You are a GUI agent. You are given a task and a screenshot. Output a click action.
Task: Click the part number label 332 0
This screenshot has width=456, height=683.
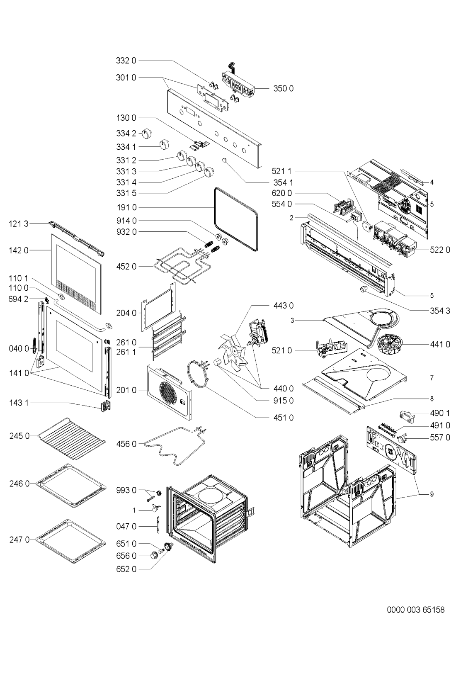click(126, 61)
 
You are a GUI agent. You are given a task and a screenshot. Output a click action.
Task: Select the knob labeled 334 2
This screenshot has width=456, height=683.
click(147, 133)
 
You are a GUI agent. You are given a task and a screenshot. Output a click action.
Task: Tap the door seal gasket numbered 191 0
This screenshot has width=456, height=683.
click(237, 219)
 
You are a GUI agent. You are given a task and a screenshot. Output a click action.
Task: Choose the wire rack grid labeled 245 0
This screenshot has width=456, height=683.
click(72, 438)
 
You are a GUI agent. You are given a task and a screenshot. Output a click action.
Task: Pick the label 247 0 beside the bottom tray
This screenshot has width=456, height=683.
click(19, 540)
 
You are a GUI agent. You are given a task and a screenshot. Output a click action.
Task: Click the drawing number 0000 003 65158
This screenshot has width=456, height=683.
click(416, 610)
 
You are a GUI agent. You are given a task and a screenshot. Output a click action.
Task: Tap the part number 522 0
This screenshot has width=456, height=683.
click(440, 250)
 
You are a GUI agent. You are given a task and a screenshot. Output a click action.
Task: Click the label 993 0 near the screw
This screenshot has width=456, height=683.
click(126, 490)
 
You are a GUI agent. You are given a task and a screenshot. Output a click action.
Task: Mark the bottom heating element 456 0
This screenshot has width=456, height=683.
click(177, 446)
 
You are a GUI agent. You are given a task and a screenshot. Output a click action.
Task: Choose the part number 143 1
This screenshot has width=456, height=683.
click(19, 403)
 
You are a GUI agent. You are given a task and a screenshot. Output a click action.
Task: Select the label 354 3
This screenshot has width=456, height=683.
click(440, 311)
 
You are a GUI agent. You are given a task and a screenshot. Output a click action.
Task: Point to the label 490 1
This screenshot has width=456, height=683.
click(440, 413)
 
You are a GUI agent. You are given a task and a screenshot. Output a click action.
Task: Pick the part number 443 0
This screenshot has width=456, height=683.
click(284, 305)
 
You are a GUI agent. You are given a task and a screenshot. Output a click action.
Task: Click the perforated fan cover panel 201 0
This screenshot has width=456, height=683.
click(170, 392)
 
